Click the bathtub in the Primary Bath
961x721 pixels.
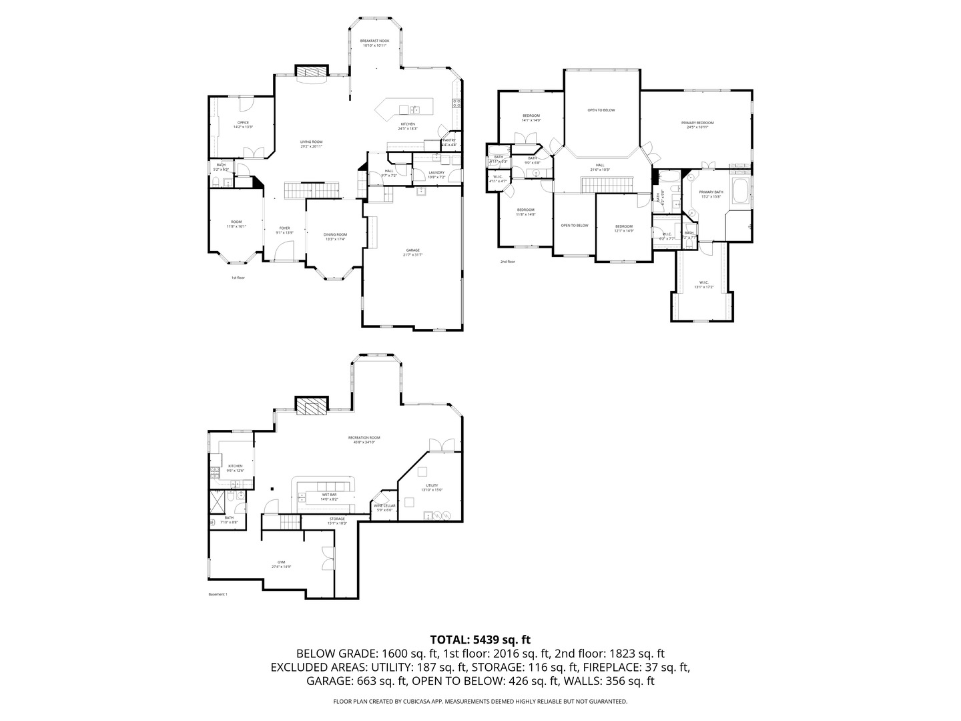[740, 192]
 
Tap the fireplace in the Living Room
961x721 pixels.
[312, 72]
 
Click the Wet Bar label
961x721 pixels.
[329, 497]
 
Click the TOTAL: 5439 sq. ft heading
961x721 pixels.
[480, 640]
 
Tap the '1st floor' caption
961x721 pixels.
[238, 278]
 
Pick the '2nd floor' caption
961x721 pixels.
[507, 262]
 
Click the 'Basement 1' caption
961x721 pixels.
[218, 594]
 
